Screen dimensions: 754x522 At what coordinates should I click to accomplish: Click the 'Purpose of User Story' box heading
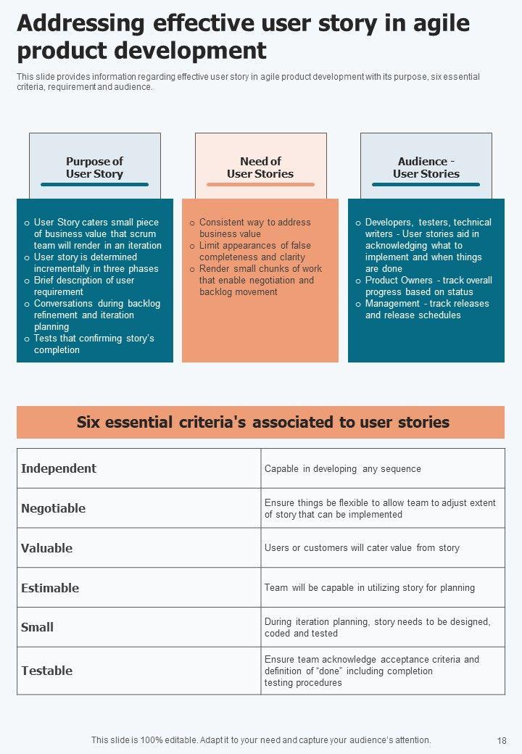click(x=94, y=167)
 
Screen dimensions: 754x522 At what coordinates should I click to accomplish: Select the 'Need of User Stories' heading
click(x=260, y=167)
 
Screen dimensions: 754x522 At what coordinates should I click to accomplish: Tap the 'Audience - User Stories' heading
click(x=426, y=167)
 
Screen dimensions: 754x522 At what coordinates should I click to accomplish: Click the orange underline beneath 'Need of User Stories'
click(x=260, y=185)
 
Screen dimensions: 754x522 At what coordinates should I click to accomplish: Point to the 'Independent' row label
click(x=59, y=468)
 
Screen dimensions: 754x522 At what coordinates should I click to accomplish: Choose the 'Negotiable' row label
click(x=54, y=508)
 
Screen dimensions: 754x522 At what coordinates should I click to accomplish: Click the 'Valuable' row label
click(x=47, y=548)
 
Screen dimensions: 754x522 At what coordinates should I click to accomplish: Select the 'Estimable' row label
click(x=50, y=588)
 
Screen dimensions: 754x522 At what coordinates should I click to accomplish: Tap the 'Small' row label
click(x=38, y=627)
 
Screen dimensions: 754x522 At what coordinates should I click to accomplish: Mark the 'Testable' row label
click(x=47, y=671)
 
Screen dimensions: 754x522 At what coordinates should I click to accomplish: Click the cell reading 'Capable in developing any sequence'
click(x=343, y=469)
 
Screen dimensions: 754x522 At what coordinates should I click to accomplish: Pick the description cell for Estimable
click(x=370, y=588)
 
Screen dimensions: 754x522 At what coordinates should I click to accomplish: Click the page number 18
click(x=502, y=741)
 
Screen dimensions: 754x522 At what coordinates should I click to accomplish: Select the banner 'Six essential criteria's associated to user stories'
click(x=260, y=422)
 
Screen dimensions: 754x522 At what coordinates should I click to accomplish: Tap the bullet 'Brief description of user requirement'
click(x=84, y=286)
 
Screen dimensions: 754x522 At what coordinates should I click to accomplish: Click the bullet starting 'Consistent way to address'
click(x=254, y=228)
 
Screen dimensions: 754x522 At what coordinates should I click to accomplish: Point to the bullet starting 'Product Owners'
click(x=428, y=286)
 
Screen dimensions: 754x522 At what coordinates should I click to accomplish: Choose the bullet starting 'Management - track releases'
click(x=427, y=310)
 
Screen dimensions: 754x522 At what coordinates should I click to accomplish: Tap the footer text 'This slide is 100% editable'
click(x=261, y=740)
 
